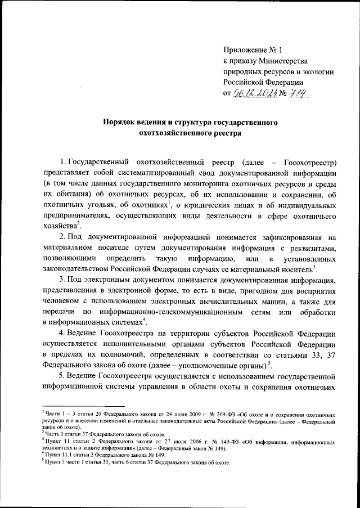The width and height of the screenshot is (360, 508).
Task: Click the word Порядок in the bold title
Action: tap(118, 122)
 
